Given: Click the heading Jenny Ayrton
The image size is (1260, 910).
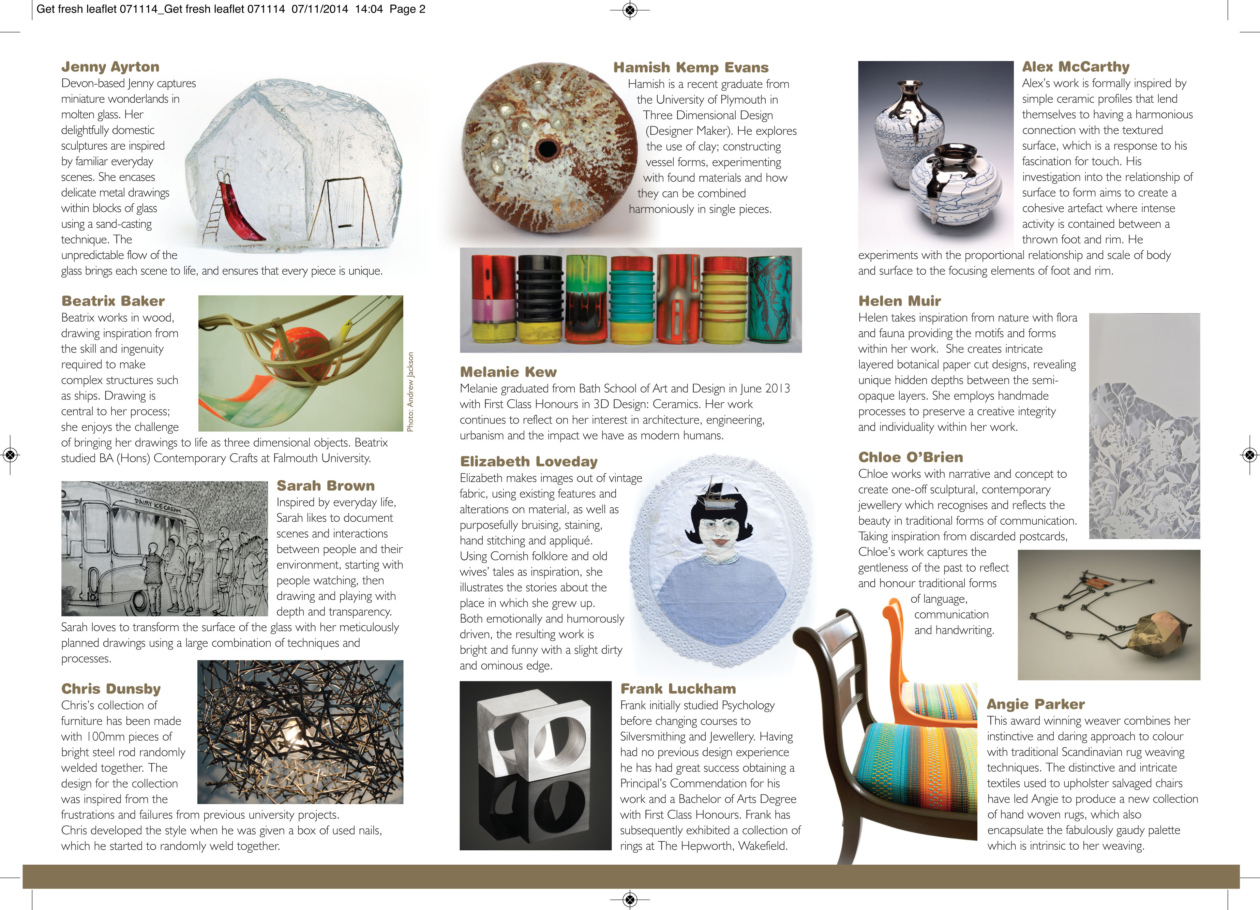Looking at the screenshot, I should (110, 67).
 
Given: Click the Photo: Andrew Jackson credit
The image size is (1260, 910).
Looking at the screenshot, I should (410, 392).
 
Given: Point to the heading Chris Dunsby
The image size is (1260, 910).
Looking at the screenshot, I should (110, 688).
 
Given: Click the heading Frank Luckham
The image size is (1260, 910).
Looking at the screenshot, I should (678, 688).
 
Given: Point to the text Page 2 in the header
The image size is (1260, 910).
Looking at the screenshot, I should (407, 9).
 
